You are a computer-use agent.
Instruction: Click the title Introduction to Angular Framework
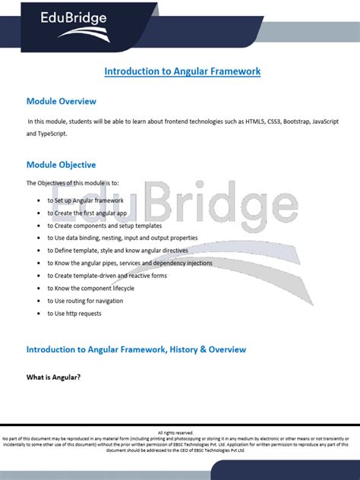coord(182,71)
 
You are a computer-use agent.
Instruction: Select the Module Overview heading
coord(61,101)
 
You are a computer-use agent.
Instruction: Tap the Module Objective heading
coord(61,164)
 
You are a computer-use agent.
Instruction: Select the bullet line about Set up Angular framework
coord(90,201)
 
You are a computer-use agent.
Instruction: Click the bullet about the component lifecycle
coord(90,289)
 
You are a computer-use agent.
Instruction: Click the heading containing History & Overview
coord(136,349)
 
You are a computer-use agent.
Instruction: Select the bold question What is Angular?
coord(53,377)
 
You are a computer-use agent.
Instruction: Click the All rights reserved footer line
coord(180,433)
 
